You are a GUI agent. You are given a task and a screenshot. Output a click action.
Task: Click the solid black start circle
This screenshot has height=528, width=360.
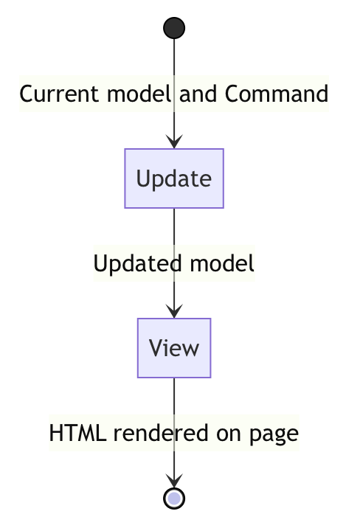174,28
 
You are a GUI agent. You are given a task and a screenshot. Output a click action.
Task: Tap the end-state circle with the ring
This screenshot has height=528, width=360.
174,499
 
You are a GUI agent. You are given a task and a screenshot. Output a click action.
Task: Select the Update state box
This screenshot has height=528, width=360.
174,178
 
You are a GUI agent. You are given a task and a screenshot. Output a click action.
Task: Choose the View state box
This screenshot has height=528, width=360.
174,348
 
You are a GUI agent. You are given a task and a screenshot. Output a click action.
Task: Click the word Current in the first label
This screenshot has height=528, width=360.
59,94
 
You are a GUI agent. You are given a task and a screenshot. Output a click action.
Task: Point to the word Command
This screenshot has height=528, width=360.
277,94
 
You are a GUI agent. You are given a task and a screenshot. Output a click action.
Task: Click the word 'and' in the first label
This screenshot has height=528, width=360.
198,94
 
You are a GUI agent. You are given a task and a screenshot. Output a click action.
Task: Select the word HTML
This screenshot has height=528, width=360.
77,433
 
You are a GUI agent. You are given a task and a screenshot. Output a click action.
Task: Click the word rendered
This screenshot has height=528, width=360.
161,433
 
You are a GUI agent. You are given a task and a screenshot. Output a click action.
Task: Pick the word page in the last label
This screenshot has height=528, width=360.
274,435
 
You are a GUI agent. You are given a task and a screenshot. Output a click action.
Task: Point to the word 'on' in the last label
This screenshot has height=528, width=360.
229,434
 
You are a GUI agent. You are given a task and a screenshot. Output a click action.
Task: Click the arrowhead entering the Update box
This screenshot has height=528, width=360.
174,142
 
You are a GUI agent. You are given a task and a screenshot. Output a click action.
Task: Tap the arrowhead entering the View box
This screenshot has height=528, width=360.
174,311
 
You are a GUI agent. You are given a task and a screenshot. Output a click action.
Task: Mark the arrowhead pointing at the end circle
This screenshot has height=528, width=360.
174,481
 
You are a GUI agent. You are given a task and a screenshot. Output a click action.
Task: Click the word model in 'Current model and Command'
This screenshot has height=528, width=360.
139,94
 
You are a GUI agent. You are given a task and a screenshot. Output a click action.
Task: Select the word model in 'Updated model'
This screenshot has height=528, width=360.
222,263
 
